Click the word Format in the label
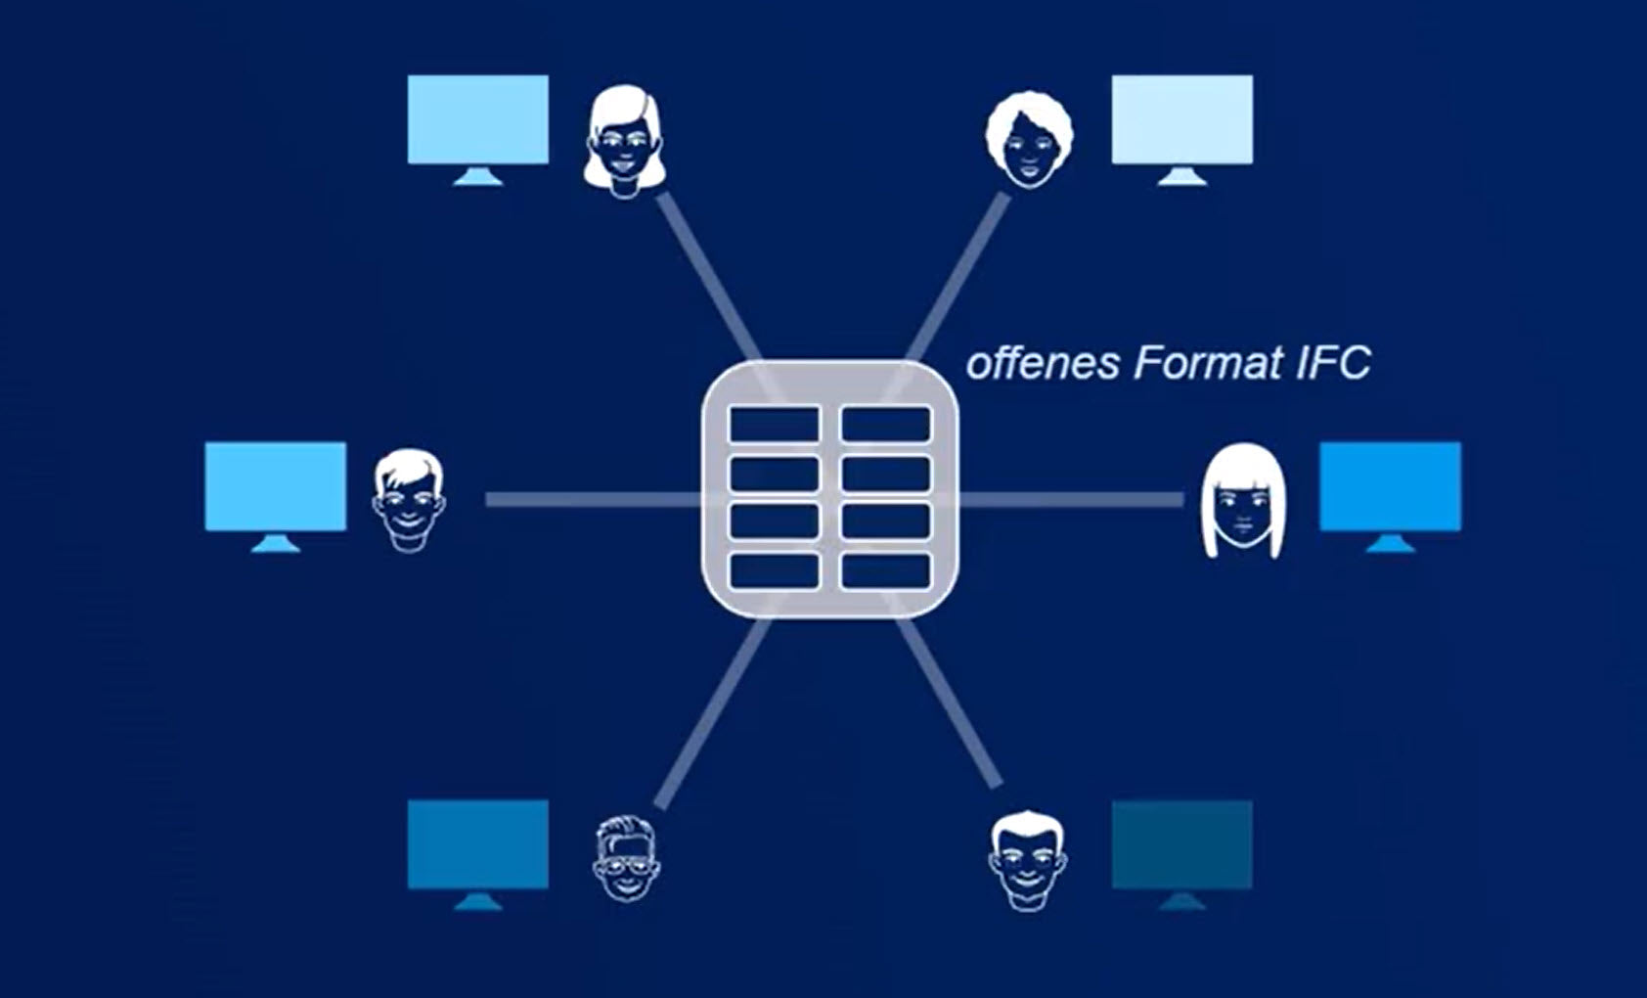(x=1207, y=363)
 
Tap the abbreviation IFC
(x=1333, y=363)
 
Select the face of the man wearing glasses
(x=626, y=858)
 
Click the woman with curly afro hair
(x=1029, y=140)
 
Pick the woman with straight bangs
(x=1243, y=500)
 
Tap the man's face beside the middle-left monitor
(x=409, y=500)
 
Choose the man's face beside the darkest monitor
(x=1027, y=861)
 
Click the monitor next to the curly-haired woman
(x=1182, y=129)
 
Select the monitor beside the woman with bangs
(x=1391, y=497)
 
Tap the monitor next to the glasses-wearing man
(x=478, y=855)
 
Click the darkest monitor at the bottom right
(x=1182, y=855)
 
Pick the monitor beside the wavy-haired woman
(x=478, y=129)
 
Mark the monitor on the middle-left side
(x=276, y=497)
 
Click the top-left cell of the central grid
(x=775, y=425)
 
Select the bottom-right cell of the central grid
(x=886, y=570)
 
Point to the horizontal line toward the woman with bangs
(x=1071, y=500)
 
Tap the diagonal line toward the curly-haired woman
(x=957, y=278)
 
